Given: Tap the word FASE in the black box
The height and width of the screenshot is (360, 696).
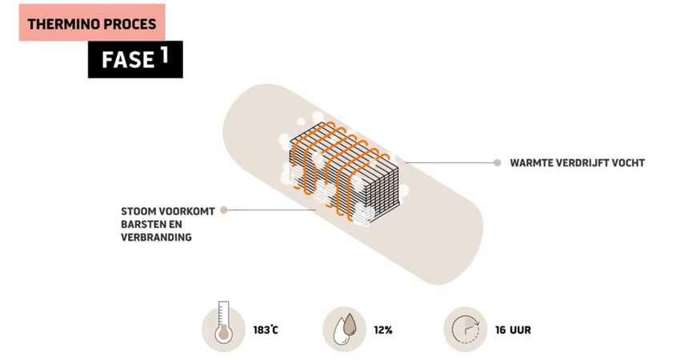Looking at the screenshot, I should point(128,60).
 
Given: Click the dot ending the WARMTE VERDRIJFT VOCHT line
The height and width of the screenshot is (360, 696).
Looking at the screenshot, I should point(497,162).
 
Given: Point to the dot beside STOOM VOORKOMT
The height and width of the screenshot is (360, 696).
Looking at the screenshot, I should point(224,210).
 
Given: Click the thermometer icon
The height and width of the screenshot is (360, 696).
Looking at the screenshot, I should point(223,329).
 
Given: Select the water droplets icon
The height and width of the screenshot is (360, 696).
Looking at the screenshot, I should point(345,329).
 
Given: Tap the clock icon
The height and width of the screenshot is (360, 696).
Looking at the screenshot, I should point(466,329).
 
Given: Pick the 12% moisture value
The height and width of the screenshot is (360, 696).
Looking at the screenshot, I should point(384,330).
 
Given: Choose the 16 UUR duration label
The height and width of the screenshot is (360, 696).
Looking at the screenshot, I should point(513,330).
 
